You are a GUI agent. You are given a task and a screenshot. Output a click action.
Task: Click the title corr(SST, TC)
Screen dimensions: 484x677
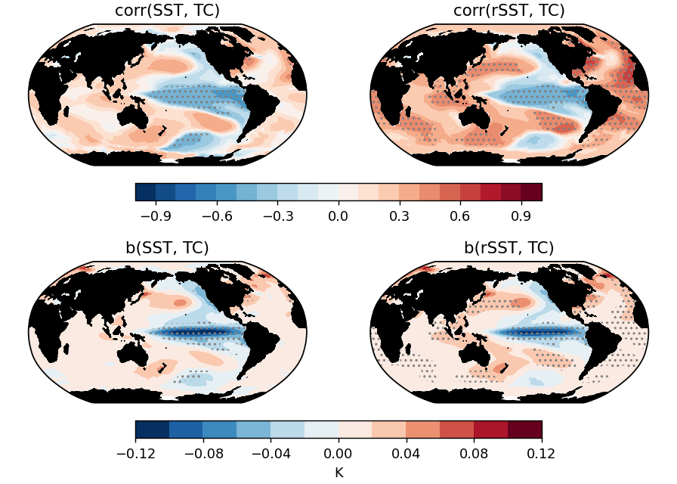pos(167,11)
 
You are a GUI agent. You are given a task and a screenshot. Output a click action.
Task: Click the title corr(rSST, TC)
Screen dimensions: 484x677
pos(509,11)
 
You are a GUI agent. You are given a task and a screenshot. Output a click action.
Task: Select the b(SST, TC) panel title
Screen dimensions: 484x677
pos(167,248)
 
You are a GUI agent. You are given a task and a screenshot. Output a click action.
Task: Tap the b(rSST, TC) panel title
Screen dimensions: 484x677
pos(509,248)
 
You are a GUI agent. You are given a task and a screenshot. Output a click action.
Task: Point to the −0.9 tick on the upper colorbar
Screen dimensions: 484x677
pos(155,216)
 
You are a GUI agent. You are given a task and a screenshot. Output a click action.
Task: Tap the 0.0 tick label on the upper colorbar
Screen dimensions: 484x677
pos(338,216)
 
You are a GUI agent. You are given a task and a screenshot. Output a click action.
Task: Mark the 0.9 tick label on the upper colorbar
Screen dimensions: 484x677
pos(522,216)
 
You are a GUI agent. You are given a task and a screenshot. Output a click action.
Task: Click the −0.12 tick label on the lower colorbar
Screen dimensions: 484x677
pos(135,454)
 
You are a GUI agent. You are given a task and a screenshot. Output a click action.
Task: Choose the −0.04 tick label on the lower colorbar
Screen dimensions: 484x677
pos(270,454)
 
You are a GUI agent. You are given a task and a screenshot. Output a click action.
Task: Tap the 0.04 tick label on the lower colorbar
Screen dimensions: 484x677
pos(407,454)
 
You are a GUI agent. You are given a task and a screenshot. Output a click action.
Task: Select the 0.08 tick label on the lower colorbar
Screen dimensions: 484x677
pos(474,454)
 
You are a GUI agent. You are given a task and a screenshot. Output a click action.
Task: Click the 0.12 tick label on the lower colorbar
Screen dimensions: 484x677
pos(542,454)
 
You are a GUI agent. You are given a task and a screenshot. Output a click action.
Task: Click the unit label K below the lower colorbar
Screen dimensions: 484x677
pos(338,472)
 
